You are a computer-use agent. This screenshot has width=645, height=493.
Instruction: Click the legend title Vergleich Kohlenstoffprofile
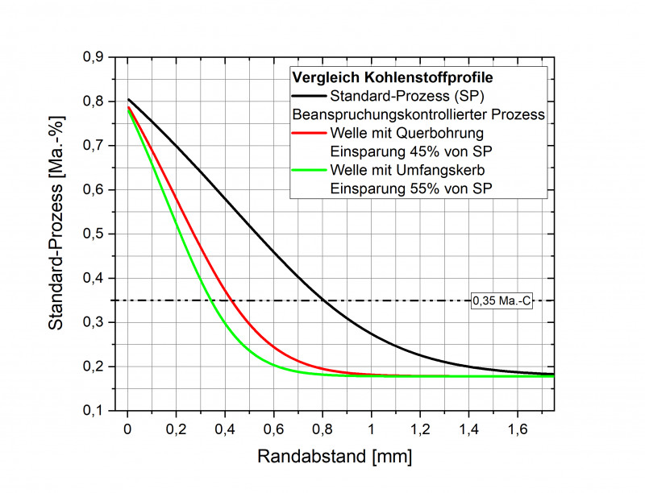pos(392,79)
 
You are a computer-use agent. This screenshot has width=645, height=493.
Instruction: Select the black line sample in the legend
pos(310,97)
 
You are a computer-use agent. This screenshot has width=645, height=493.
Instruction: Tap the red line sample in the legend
pos(310,133)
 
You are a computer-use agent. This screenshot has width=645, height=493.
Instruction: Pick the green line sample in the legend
pos(310,170)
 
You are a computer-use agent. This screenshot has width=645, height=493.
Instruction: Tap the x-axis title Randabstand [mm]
pos(335,457)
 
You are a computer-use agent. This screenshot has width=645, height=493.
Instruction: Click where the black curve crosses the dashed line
pos(324,301)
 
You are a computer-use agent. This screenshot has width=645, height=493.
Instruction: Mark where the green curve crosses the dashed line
pos(210,301)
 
